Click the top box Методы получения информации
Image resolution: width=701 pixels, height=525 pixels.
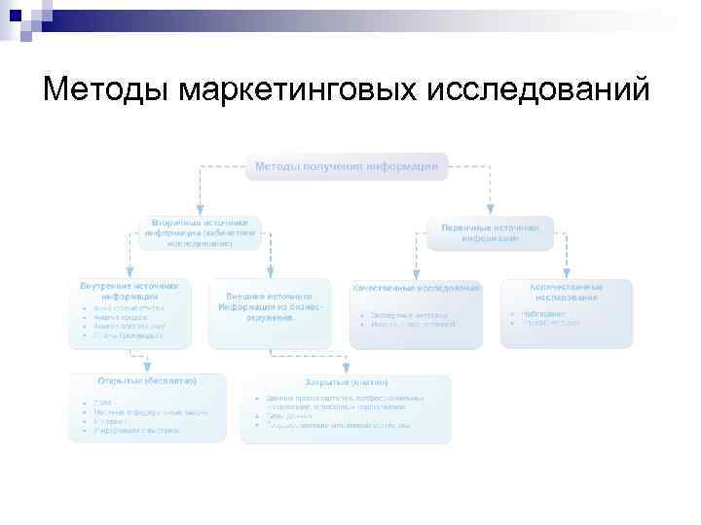click(346, 166)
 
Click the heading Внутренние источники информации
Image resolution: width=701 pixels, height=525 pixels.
click(129, 292)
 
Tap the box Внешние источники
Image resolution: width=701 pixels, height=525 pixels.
click(269, 306)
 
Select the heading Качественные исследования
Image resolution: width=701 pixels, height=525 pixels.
click(417, 289)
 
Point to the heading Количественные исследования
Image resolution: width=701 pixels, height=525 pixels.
click(566, 292)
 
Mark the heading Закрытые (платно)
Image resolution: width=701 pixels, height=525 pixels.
click(347, 381)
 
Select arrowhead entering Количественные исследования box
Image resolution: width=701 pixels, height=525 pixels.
click(567, 274)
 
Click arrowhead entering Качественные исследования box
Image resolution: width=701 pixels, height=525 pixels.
click(417, 274)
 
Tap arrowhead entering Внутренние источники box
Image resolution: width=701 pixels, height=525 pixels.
click(129, 274)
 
